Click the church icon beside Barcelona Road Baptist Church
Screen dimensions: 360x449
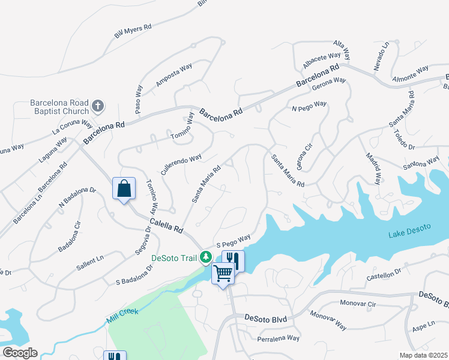(x=98, y=107)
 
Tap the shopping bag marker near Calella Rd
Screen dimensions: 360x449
(x=124, y=188)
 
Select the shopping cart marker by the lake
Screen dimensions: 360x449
(x=223, y=274)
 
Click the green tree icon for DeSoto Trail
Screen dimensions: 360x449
(x=206, y=257)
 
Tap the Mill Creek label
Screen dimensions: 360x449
(x=123, y=316)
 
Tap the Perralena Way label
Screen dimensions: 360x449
(x=278, y=338)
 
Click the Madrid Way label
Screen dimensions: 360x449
(x=373, y=169)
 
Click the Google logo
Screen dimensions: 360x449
(x=20, y=353)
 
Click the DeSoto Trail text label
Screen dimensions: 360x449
(x=173, y=258)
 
